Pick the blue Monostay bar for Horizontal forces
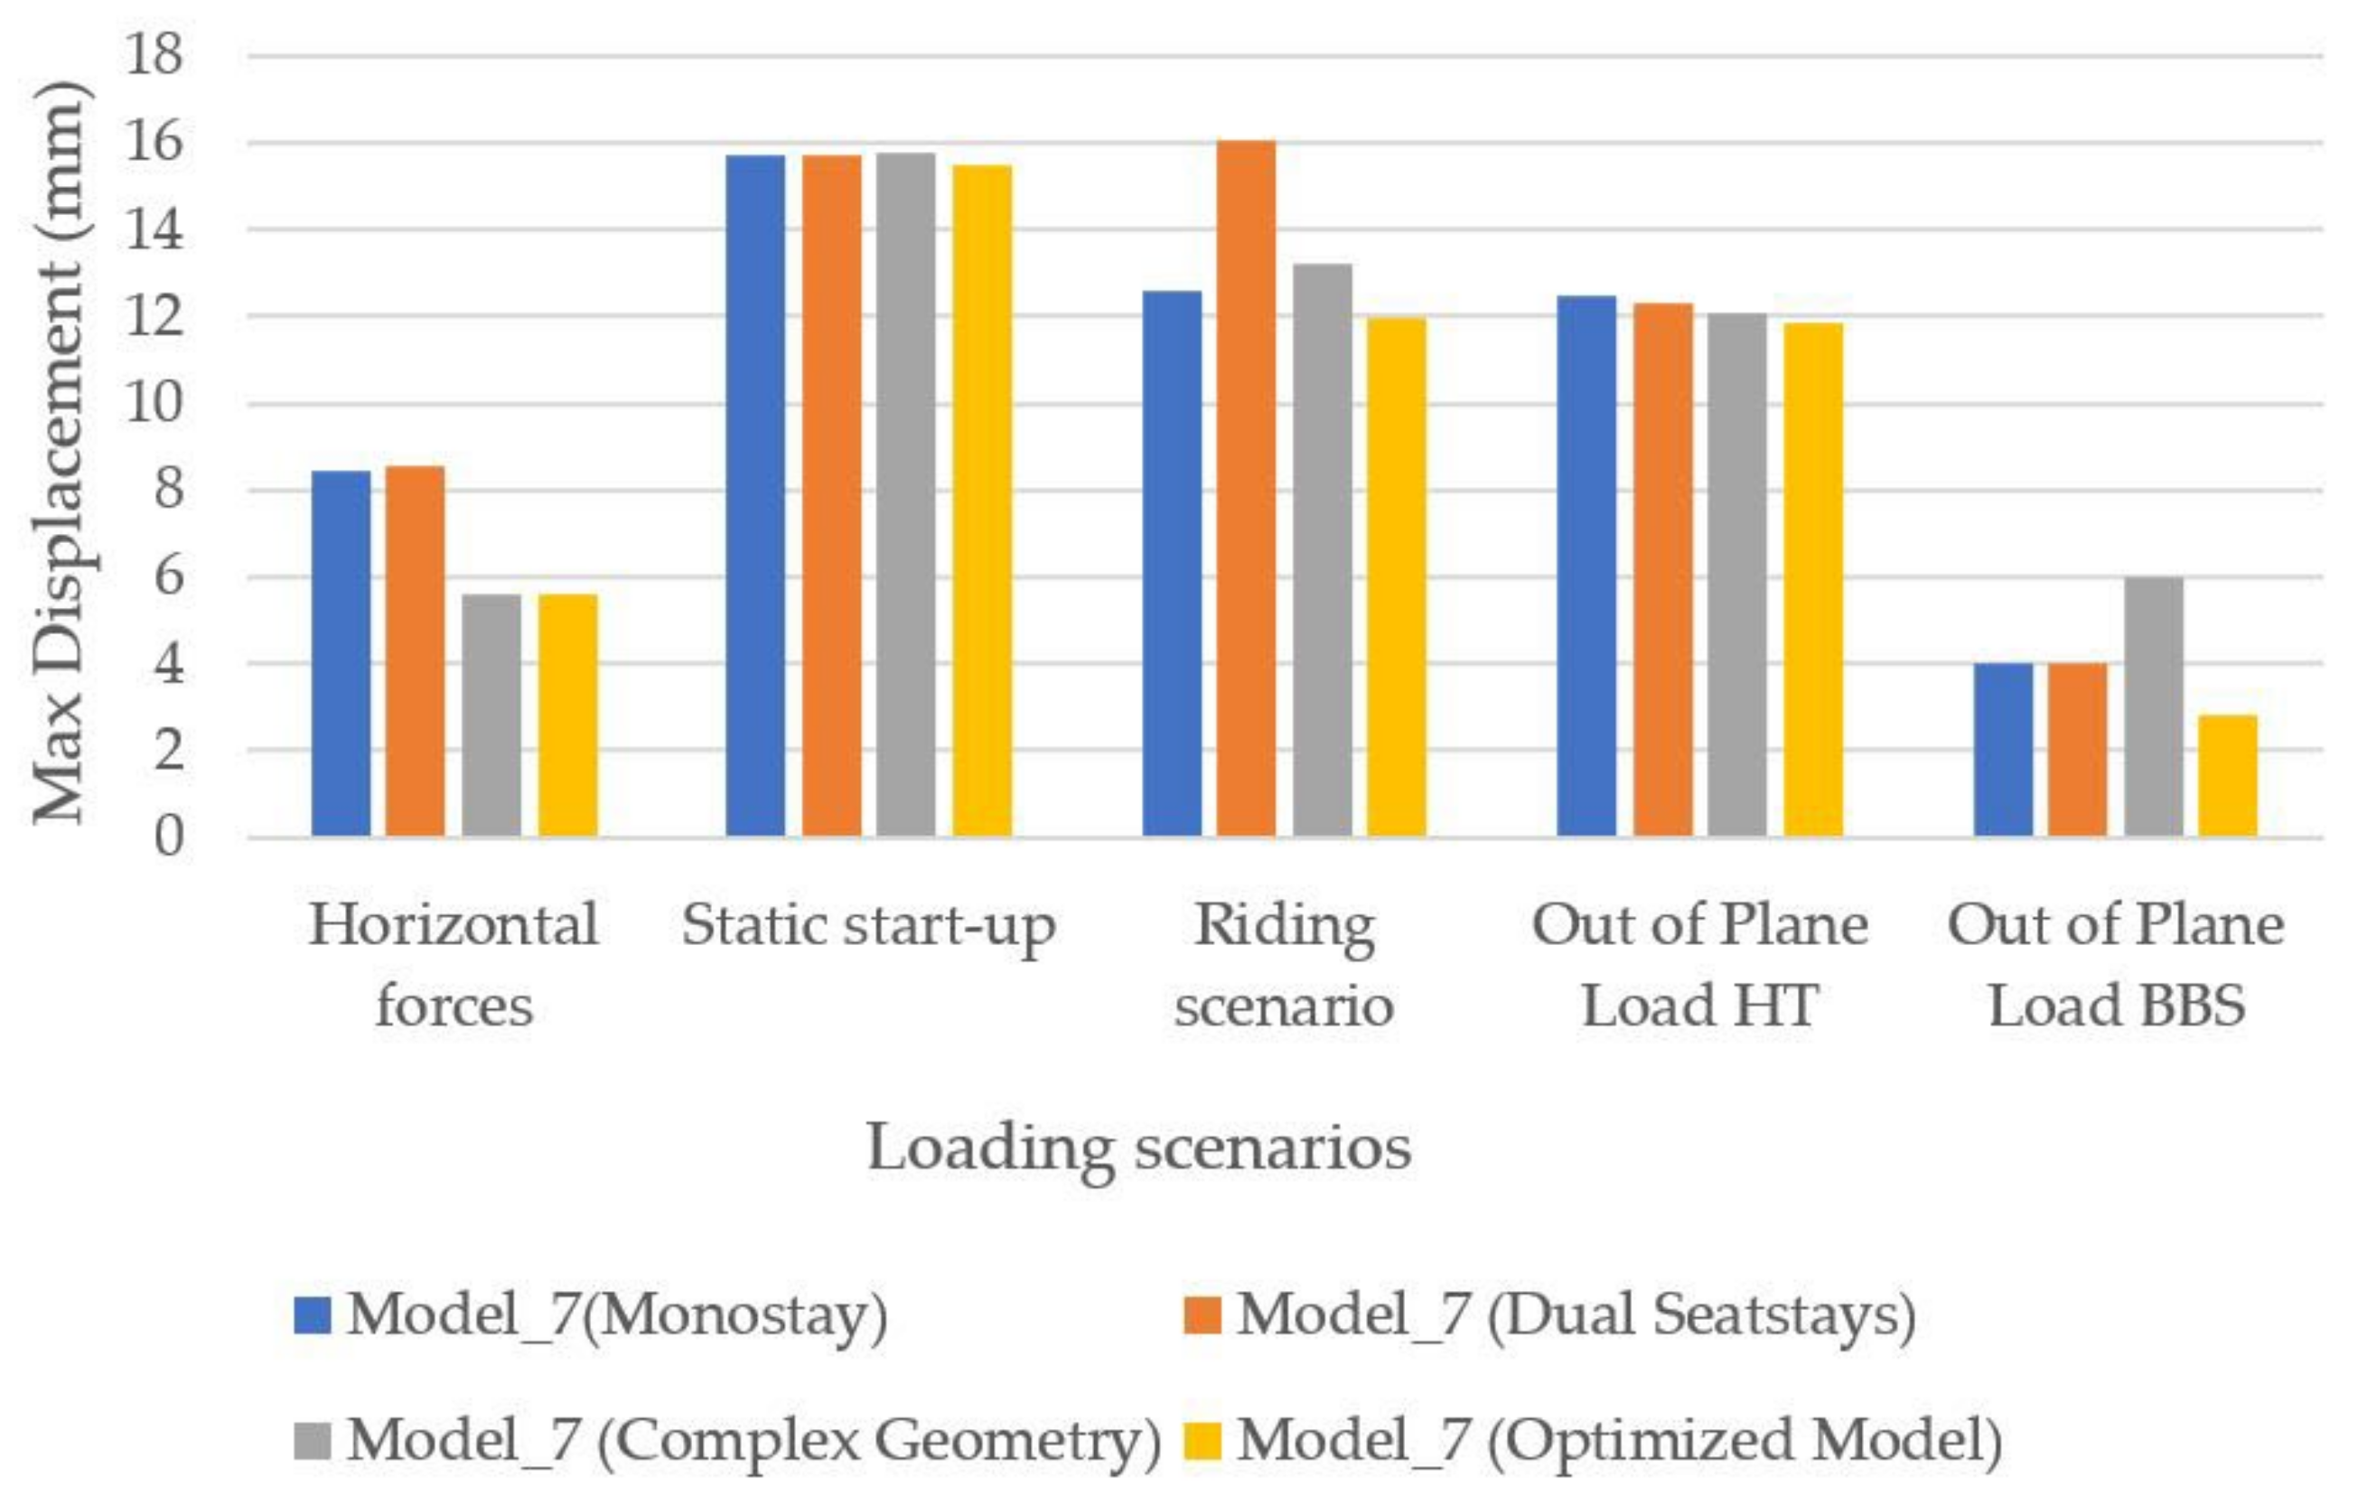coord(341,654)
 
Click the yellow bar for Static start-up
coord(982,501)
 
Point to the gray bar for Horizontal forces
coord(491,715)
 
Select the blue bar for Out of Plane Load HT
coord(1586,566)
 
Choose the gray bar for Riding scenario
coord(1322,550)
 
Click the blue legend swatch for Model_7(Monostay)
coord(312,1315)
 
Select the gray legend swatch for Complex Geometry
coord(312,1440)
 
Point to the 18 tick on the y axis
coord(154,54)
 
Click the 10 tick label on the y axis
coord(154,403)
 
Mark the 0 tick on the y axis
coord(168,838)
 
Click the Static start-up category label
coord(868,926)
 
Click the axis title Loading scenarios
coord(1138,1147)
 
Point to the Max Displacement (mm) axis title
coord(61,453)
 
